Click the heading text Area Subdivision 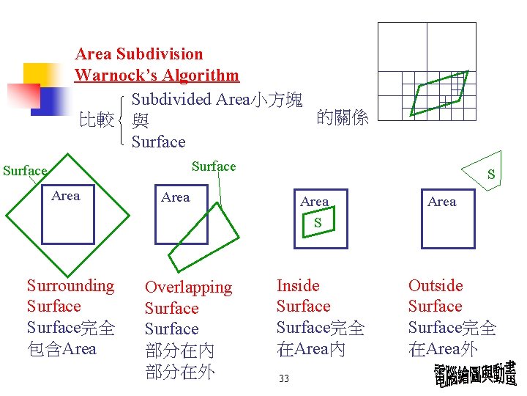point(139,54)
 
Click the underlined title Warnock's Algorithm point(157,75)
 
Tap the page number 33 point(284,378)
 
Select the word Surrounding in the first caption point(70,285)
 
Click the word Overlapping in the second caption point(188,287)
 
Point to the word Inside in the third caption point(298,285)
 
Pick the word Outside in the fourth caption point(436,285)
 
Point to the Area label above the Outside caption point(441,202)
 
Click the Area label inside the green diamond point(66,196)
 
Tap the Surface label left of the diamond point(24,171)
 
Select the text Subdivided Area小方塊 point(218,98)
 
